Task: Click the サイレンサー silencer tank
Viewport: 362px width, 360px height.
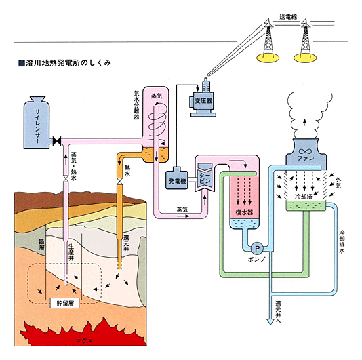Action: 38,126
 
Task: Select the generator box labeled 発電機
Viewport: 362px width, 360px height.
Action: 180,181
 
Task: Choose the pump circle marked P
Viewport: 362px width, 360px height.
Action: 257,248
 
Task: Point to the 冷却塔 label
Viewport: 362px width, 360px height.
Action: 304,195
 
